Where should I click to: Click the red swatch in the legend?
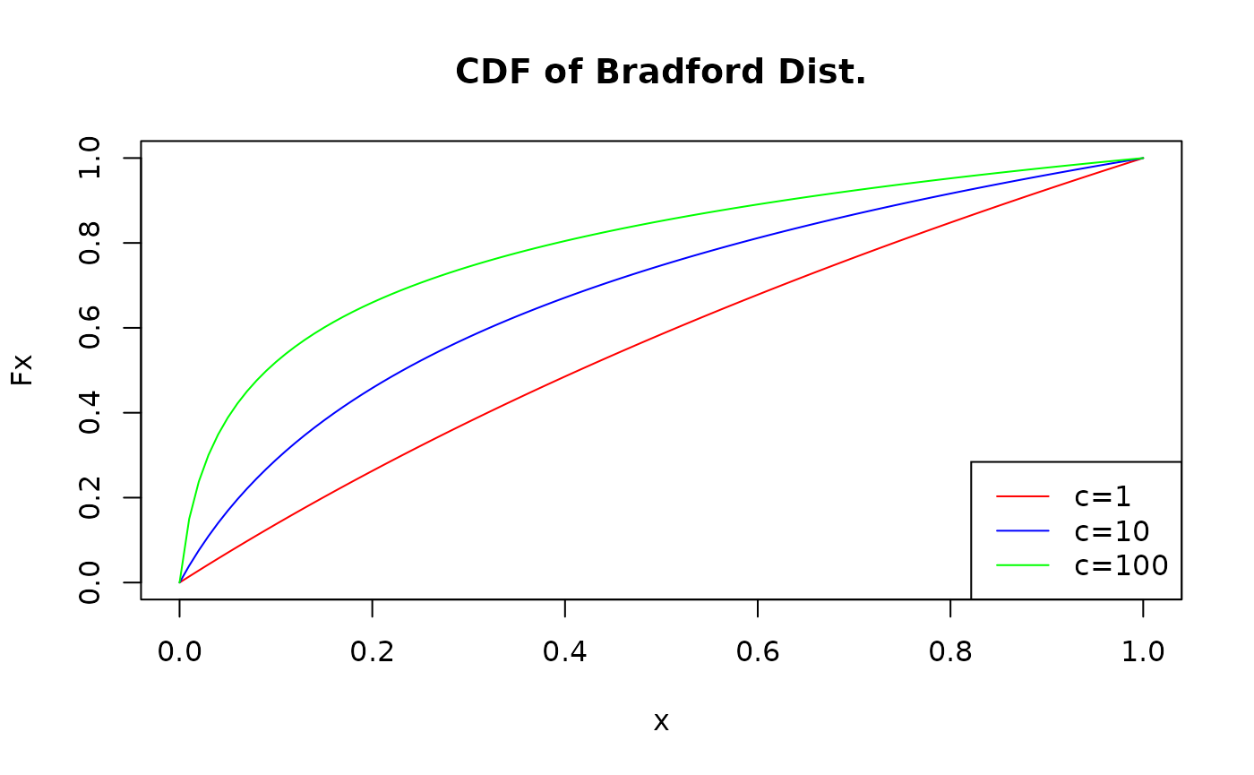[x=1022, y=495]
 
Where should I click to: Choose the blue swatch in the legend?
[x=1022, y=530]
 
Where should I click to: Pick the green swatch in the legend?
[x=1022, y=564]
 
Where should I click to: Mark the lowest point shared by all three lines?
[x=180, y=582]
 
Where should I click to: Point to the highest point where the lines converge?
[x=1143, y=159]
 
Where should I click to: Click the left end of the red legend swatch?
[x=998, y=495]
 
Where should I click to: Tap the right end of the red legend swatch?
[x=1047, y=495]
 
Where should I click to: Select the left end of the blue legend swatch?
[x=998, y=530]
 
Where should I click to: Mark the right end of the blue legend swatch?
[x=1047, y=530]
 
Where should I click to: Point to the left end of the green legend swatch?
[x=998, y=564]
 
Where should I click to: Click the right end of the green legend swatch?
[x=1047, y=564]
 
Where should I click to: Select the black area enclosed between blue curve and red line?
[x=448, y=394]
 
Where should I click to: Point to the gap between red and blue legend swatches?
[x=1022, y=513]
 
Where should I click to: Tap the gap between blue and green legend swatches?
[x=1022, y=547]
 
